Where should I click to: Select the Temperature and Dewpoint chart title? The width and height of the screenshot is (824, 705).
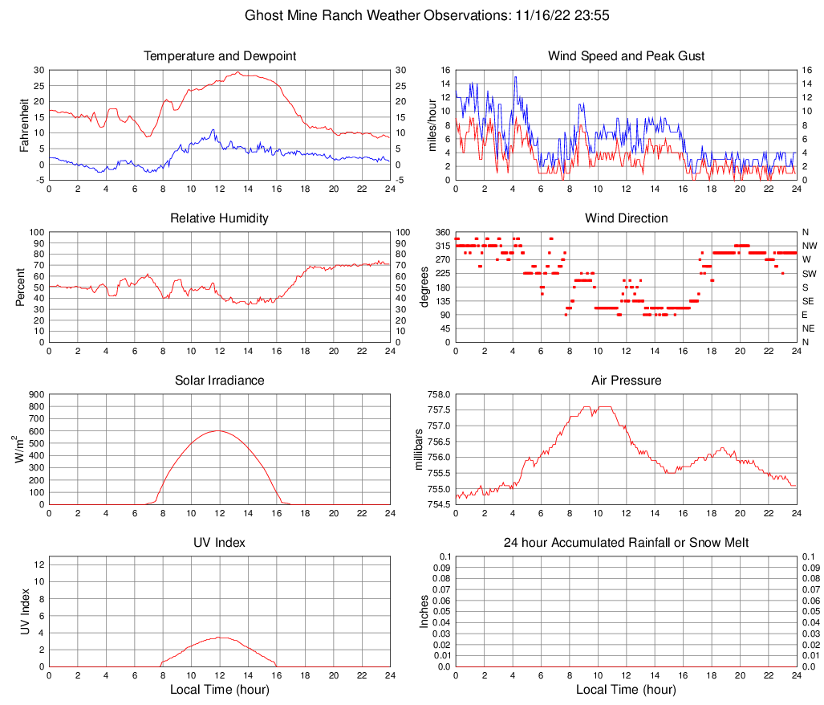pos(220,56)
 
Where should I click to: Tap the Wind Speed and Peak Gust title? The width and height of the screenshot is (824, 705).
pos(626,56)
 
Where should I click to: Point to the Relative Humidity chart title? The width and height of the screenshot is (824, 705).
pos(220,218)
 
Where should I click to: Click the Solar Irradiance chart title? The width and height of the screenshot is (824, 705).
pos(220,381)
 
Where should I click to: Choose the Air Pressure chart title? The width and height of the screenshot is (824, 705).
pos(626,381)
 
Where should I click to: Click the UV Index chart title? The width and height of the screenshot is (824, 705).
pos(220,543)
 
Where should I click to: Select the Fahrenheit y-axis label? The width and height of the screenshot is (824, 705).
pos(24,125)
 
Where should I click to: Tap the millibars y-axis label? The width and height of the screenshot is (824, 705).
pos(418,449)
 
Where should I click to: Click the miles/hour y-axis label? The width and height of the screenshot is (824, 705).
pos(431,125)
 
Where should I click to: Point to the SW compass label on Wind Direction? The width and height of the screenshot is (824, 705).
pos(809,274)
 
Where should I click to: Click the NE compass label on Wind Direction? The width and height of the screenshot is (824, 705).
pos(808,328)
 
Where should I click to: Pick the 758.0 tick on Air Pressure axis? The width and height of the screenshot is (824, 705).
pos(439,394)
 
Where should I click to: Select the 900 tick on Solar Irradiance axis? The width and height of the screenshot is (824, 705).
pos(35,394)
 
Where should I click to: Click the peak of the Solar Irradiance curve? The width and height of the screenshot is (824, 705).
pos(218,431)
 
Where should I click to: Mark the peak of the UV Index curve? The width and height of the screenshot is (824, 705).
pos(220,638)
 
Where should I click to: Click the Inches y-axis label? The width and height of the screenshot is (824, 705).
pos(424,611)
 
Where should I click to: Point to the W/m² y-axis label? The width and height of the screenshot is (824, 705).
pos(21,449)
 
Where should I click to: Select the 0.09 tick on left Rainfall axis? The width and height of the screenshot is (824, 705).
pos(442,567)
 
